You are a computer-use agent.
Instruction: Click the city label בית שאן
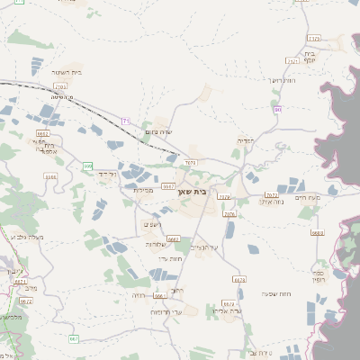coord(206,192)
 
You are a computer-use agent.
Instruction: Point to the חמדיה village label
coord(245,140)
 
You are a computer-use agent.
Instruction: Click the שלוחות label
coord(155,244)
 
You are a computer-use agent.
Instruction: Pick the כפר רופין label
coord(318,275)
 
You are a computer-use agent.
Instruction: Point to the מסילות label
coord(144,189)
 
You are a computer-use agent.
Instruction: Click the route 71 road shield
coord(126,121)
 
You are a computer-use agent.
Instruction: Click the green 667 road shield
coord(74,338)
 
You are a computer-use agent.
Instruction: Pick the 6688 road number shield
coord(317,231)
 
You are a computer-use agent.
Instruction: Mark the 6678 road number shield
coord(239,280)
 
